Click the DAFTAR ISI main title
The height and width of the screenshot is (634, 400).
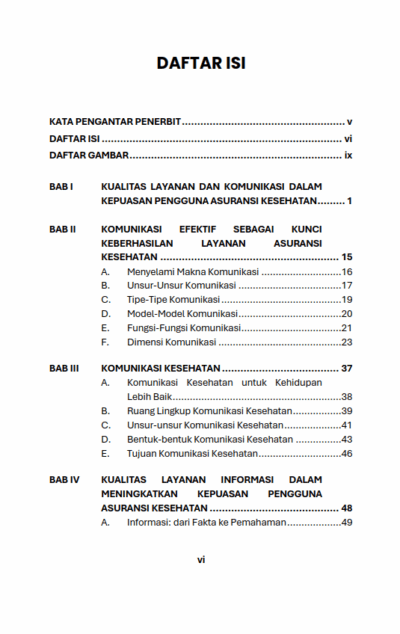(200, 63)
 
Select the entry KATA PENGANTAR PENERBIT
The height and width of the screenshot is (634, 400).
(114, 121)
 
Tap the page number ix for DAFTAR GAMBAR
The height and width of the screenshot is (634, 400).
(348, 157)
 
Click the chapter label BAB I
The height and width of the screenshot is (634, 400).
(62, 186)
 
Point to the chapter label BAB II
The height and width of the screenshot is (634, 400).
(63, 228)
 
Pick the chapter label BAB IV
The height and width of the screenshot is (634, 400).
(64, 480)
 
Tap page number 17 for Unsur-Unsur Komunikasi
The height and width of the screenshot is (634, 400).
(347, 286)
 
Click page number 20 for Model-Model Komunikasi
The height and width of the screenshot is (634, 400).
(347, 314)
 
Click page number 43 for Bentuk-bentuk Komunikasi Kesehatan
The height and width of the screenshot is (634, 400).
(347, 439)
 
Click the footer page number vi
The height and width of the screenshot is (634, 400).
(200, 560)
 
